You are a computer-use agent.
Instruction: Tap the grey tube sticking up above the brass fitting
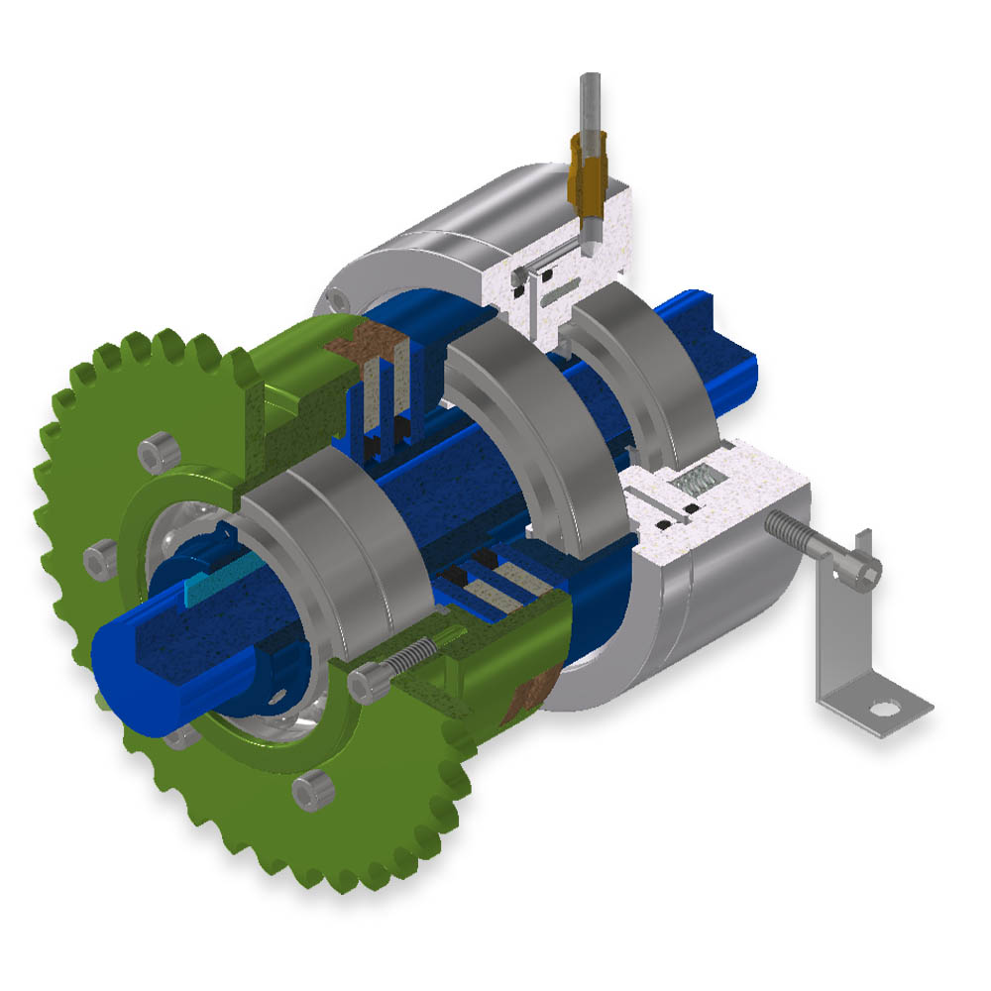coord(591,99)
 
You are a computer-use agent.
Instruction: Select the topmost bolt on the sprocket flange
coord(154,454)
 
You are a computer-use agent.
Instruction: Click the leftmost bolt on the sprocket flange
coord(99,561)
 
